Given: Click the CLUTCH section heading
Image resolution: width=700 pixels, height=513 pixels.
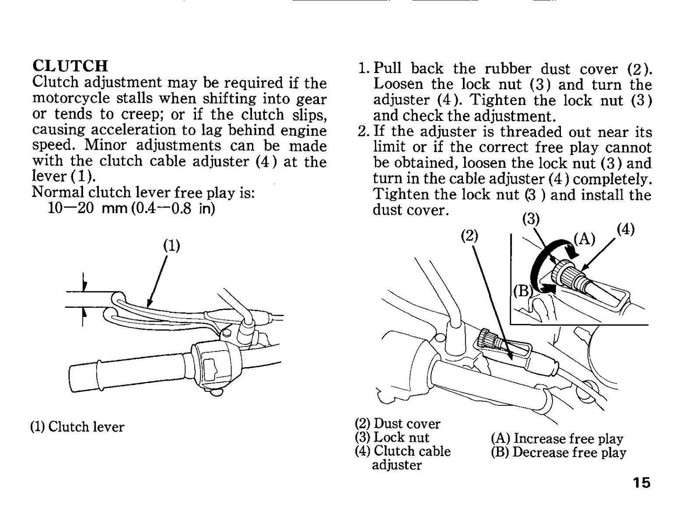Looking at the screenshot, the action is click(x=70, y=66).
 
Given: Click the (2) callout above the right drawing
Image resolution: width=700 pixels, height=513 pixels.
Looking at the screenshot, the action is click(x=470, y=236).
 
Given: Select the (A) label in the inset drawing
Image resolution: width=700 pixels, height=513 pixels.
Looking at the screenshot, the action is click(x=584, y=240).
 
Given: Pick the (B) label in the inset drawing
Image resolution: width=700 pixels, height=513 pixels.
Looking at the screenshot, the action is click(x=522, y=292).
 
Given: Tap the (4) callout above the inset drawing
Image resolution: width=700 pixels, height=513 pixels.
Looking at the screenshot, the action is click(x=626, y=229).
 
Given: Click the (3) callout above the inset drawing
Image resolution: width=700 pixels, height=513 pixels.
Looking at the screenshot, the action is click(x=531, y=219).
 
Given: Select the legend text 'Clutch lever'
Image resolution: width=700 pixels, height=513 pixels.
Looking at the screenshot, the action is click(x=86, y=427).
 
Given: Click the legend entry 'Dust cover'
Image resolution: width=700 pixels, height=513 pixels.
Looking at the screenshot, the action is click(x=407, y=424).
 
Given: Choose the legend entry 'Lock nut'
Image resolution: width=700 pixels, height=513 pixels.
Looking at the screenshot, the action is click(x=402, y=437).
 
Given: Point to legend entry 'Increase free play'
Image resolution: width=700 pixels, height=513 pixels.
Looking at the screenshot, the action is click(x=568, y=439).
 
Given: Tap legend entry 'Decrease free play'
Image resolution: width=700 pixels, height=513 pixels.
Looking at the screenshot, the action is click(x=569, y=452).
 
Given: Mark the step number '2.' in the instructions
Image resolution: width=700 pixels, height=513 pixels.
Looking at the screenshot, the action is click(x=364, y=131).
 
